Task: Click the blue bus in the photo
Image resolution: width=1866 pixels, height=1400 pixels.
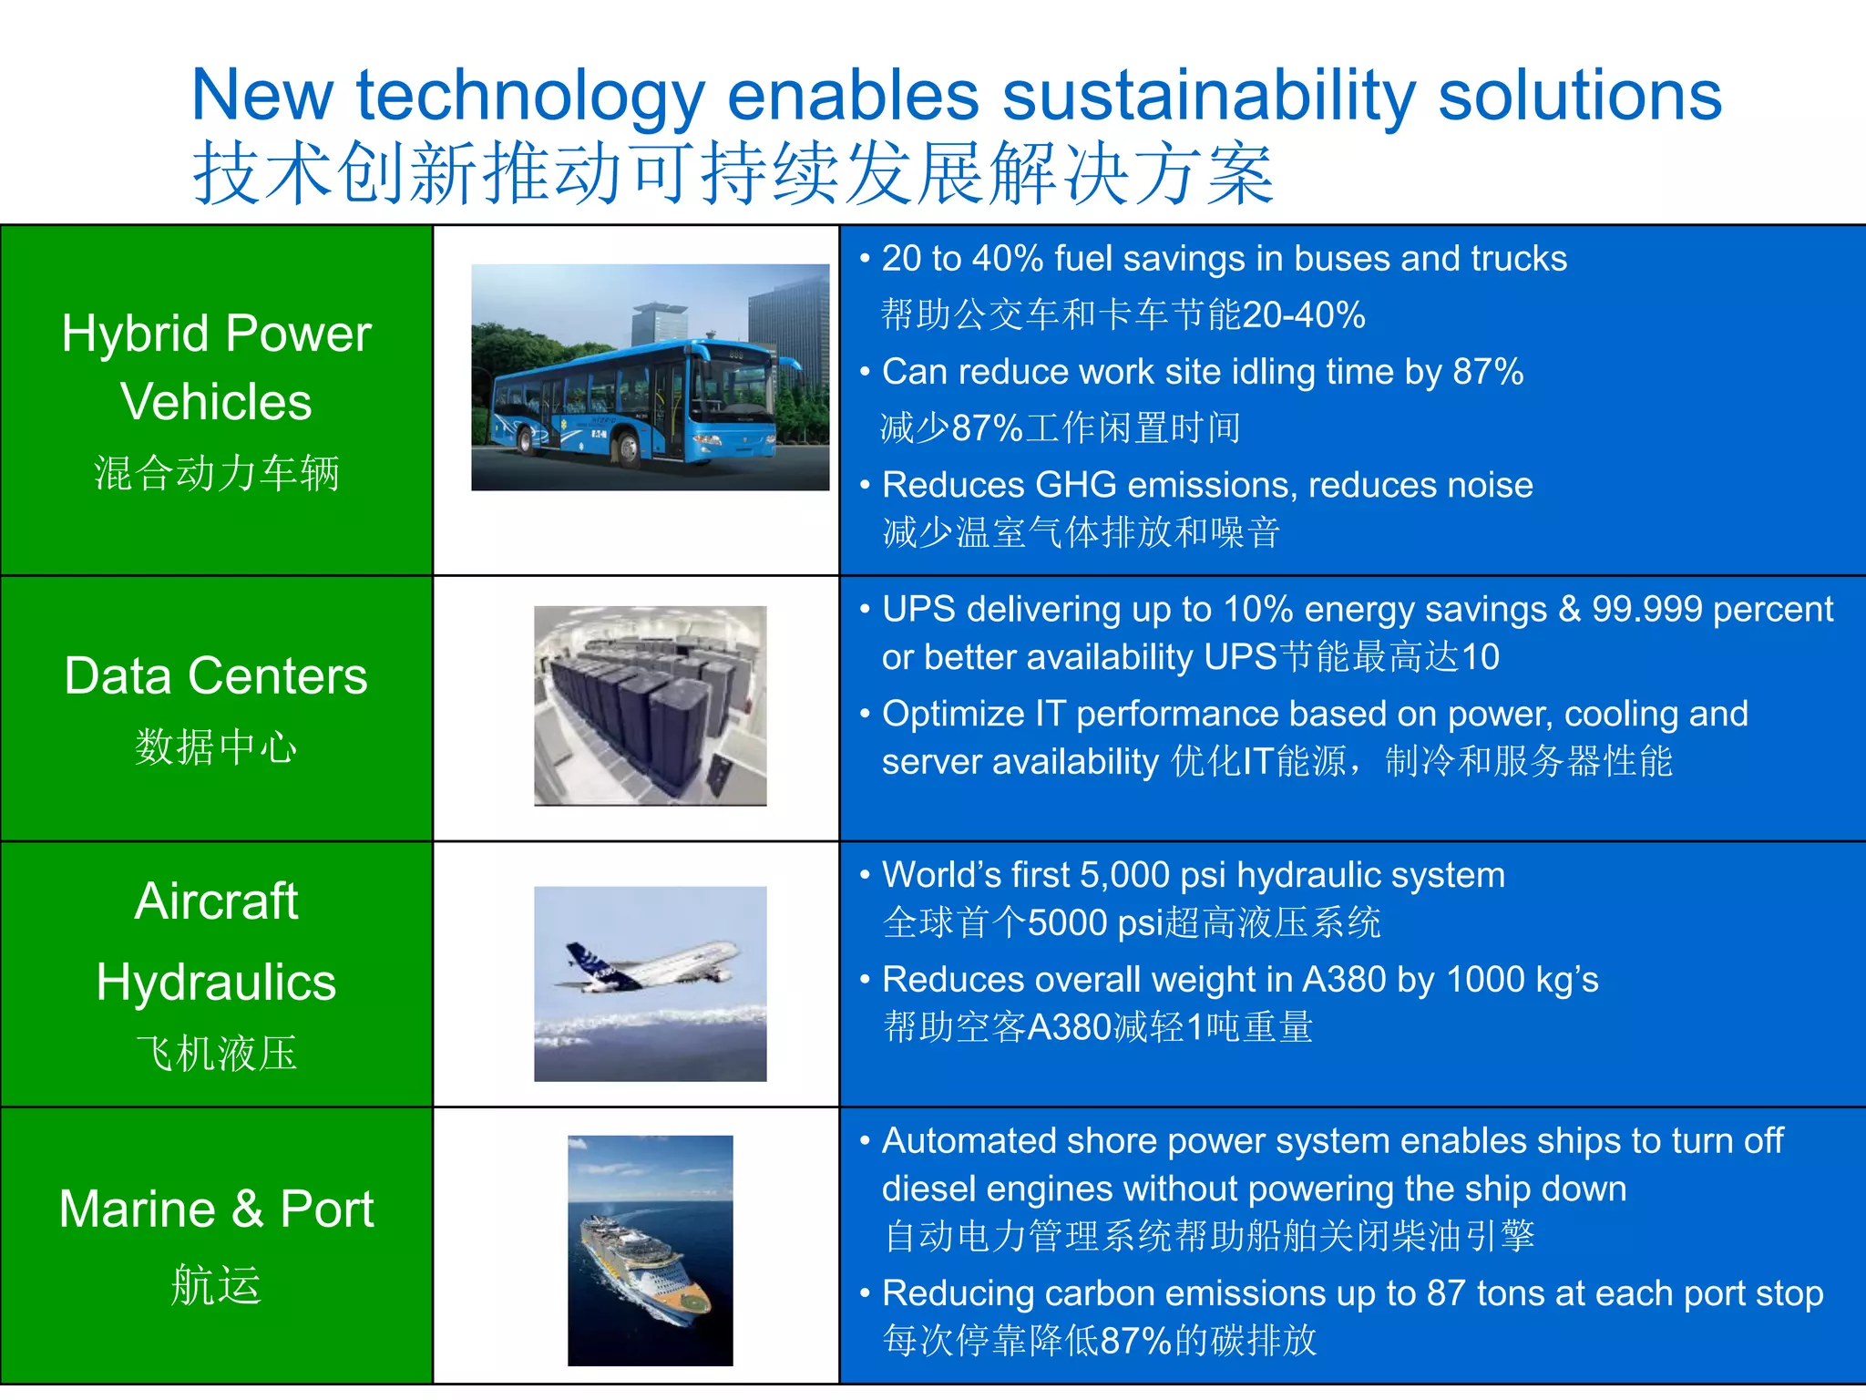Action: [638, 401]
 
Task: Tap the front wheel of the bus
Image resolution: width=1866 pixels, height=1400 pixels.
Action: [629, 448]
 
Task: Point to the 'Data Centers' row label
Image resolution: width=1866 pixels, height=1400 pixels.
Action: [216, 676]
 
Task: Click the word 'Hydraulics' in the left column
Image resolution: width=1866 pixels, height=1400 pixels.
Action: [216, 983]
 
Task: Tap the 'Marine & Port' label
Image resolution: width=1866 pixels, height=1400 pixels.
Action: [216, 1210]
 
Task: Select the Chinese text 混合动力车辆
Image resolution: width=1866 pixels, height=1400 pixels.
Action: [216, 473]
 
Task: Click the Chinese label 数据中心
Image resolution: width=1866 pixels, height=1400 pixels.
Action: [216, 747]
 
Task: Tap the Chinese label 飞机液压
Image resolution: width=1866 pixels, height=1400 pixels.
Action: [216, 1054]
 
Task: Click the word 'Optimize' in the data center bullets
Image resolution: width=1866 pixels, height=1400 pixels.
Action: [953, 714]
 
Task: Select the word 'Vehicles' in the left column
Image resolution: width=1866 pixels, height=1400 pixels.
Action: [216, 402]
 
